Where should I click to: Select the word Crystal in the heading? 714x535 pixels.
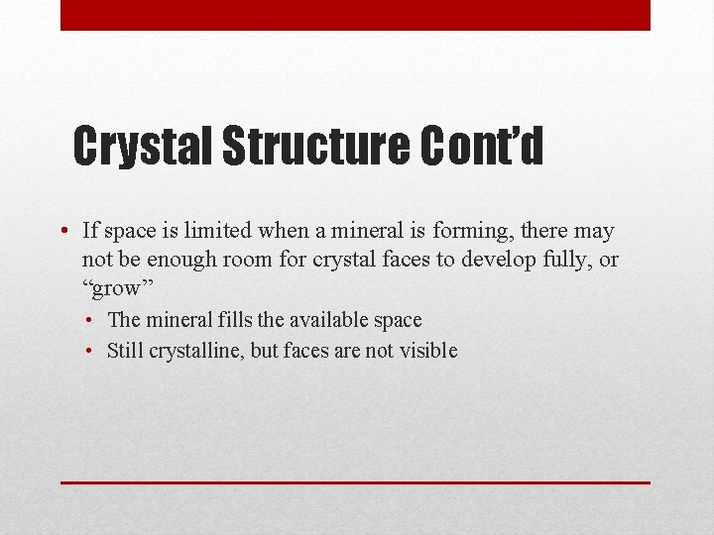144,147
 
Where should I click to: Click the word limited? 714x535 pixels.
219,231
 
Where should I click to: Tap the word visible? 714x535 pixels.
426,350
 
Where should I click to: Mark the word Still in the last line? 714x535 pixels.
125,350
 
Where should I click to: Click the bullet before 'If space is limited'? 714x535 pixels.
62,232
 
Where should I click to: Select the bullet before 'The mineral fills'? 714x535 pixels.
89,321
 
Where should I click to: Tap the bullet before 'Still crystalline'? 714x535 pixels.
89,351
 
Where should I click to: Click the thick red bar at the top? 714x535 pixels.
355,15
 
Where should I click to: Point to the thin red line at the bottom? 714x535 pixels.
355,482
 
